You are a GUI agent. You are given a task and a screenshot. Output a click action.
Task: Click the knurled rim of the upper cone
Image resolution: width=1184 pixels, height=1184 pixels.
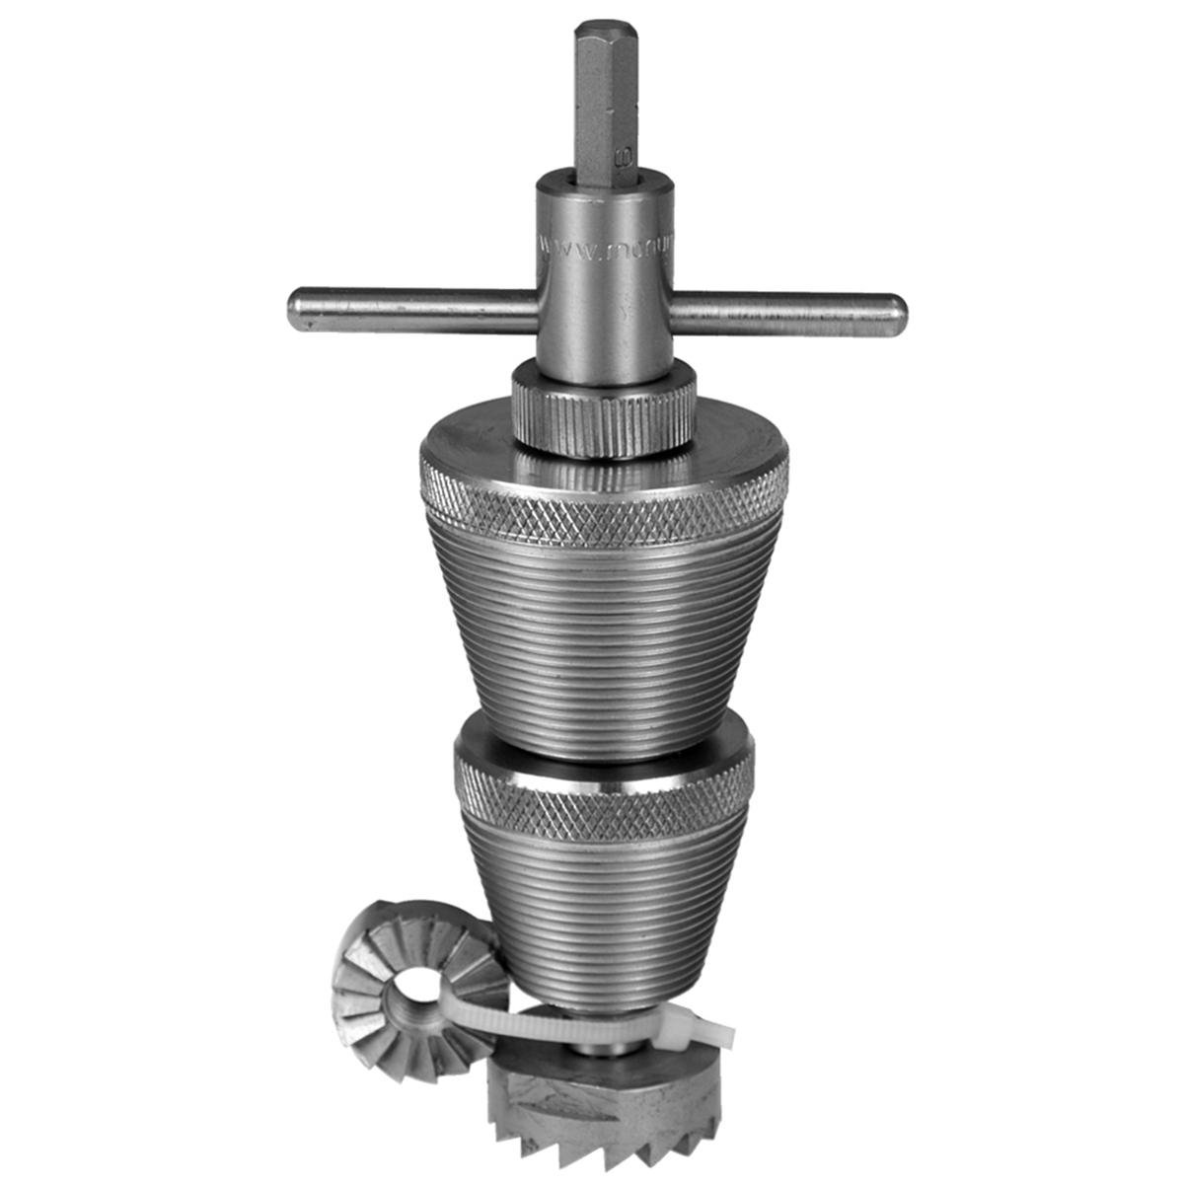[604, 513]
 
